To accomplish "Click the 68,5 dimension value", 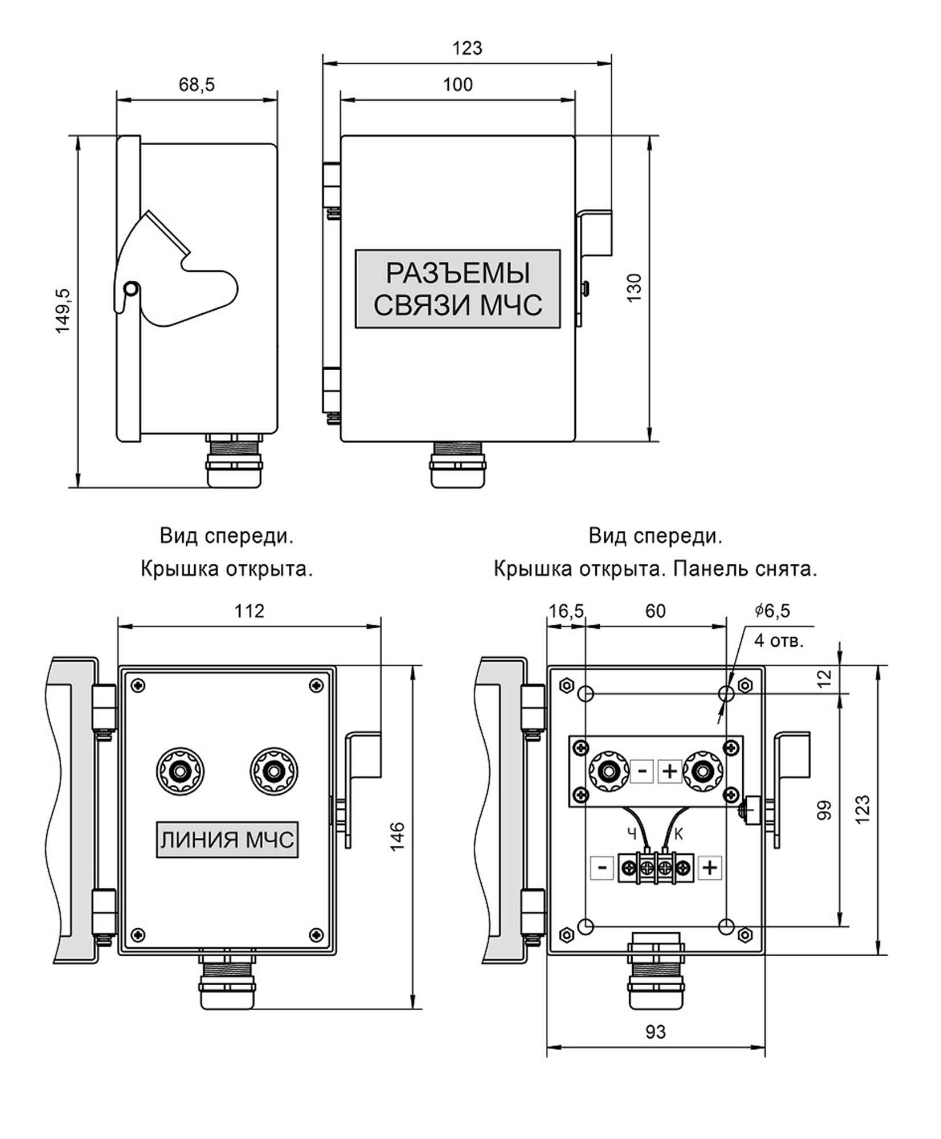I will click(x=197, y=84).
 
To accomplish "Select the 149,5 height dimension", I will click(x=62, y=310).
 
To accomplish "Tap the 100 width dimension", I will click(x=458, y=84).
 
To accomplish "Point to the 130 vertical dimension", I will click(x=634, y=288).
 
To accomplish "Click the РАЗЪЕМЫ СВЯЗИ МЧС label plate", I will click(x=458, y=289).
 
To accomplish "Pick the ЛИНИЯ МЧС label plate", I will click(x=227, y=839).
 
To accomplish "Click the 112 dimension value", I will click(x=249, y=611).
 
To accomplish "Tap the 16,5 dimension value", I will click(x=566, y=611).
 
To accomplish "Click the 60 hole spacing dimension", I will click(x=655, y=611).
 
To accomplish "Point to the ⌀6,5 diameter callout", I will click(x=772, y=611).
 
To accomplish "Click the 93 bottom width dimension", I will click(x=656, y=1031).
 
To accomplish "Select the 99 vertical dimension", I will click(x=824, y=810).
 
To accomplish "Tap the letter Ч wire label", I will click(x=632, y=834).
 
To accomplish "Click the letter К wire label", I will click(x=678, y=834).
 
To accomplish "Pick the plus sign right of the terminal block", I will click(x=709, y=868).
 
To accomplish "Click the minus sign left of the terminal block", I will click(x=602, y=868).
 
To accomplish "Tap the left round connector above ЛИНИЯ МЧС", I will click(x=181, y=772).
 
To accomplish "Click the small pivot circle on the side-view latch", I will click(x=130, y=289).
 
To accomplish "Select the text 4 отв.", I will click(x=779, y=641).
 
